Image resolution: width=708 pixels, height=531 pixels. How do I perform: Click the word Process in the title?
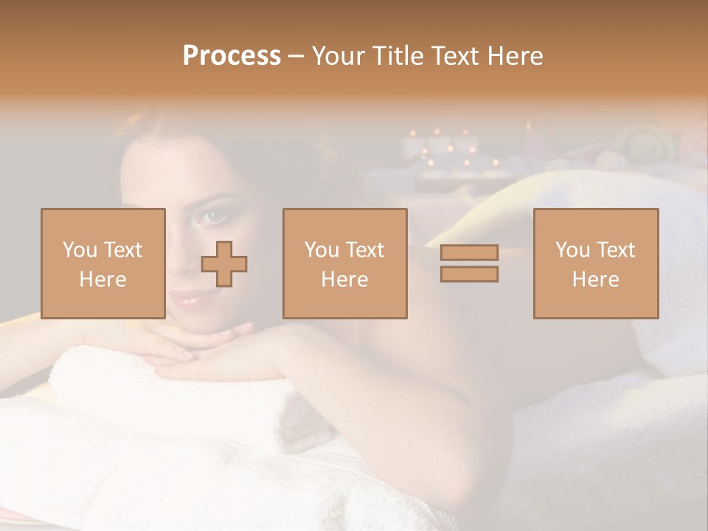point(232,56)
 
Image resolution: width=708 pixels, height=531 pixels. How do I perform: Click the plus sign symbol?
point(224,264)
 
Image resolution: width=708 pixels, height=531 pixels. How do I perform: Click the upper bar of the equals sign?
point(469,253)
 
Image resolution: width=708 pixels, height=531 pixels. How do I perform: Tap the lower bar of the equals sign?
point(469,274)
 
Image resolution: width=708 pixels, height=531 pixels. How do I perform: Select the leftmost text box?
point(103,263)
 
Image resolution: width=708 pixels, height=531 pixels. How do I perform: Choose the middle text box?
point(345,263)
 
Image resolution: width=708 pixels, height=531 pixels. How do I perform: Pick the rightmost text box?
point(596,263)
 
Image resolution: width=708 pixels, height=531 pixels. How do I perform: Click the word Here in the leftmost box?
point(103,280)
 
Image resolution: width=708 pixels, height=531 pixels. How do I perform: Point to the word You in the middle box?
point(322,250)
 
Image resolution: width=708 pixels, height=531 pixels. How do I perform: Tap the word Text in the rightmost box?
point(616,250)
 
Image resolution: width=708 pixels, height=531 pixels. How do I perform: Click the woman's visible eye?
point(212,215)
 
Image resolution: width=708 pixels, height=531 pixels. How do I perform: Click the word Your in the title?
point(339,56)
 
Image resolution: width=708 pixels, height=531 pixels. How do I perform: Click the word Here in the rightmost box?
point(596,280)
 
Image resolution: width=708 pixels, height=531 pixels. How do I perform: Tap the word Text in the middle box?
point(365,250)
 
